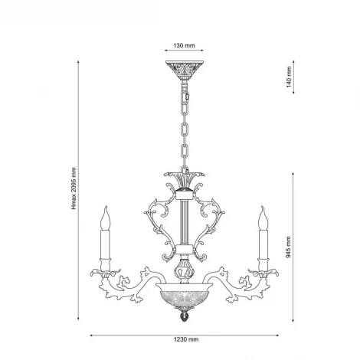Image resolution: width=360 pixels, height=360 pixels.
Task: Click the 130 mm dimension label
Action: click(184, 46)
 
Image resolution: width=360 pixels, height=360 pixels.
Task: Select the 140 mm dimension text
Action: click(289, 77)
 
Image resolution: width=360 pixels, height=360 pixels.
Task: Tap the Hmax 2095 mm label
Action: click(74, 188)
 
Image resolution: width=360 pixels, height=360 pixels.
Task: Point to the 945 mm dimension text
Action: click(288, 247)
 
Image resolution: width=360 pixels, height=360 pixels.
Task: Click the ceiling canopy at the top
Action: click(185, 70)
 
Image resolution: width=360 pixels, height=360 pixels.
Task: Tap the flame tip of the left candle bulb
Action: click(106, 207)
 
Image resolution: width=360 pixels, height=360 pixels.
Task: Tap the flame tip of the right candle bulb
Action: click(262, 207)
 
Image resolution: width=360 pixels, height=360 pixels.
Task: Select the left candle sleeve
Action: click(105, 244)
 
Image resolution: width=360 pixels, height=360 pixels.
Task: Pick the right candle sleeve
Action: click(263, 244)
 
